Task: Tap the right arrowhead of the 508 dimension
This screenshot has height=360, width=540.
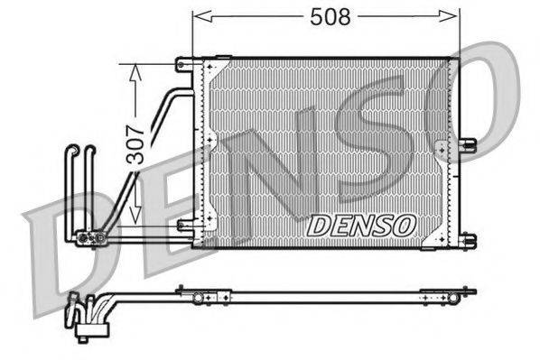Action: [x=453, y=16]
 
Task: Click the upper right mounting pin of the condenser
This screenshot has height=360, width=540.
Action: [x=468, y=142]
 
